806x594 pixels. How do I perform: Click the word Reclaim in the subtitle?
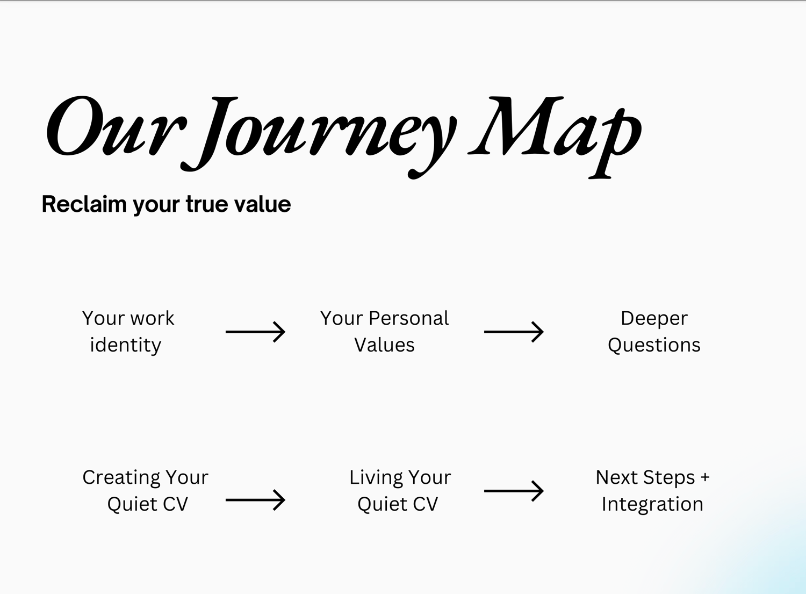(84, 204)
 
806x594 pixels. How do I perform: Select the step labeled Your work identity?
(128, 332)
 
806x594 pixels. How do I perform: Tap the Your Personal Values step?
(384, 332)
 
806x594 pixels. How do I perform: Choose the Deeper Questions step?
(654, 332)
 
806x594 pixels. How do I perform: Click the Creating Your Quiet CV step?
(146, 491)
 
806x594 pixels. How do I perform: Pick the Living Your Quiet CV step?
(400, 491)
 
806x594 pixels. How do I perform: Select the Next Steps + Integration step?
(652, 491)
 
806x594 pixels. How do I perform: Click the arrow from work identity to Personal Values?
(255, 332)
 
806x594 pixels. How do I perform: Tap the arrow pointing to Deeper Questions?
(514, 332)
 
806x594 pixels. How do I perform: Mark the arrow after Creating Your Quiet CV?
(255, 500)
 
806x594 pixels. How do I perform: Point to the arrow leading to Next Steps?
(514, 491)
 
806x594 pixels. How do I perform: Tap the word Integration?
(652, 504)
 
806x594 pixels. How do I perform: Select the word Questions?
(654, 345)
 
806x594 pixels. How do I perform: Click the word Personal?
(409, 318)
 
